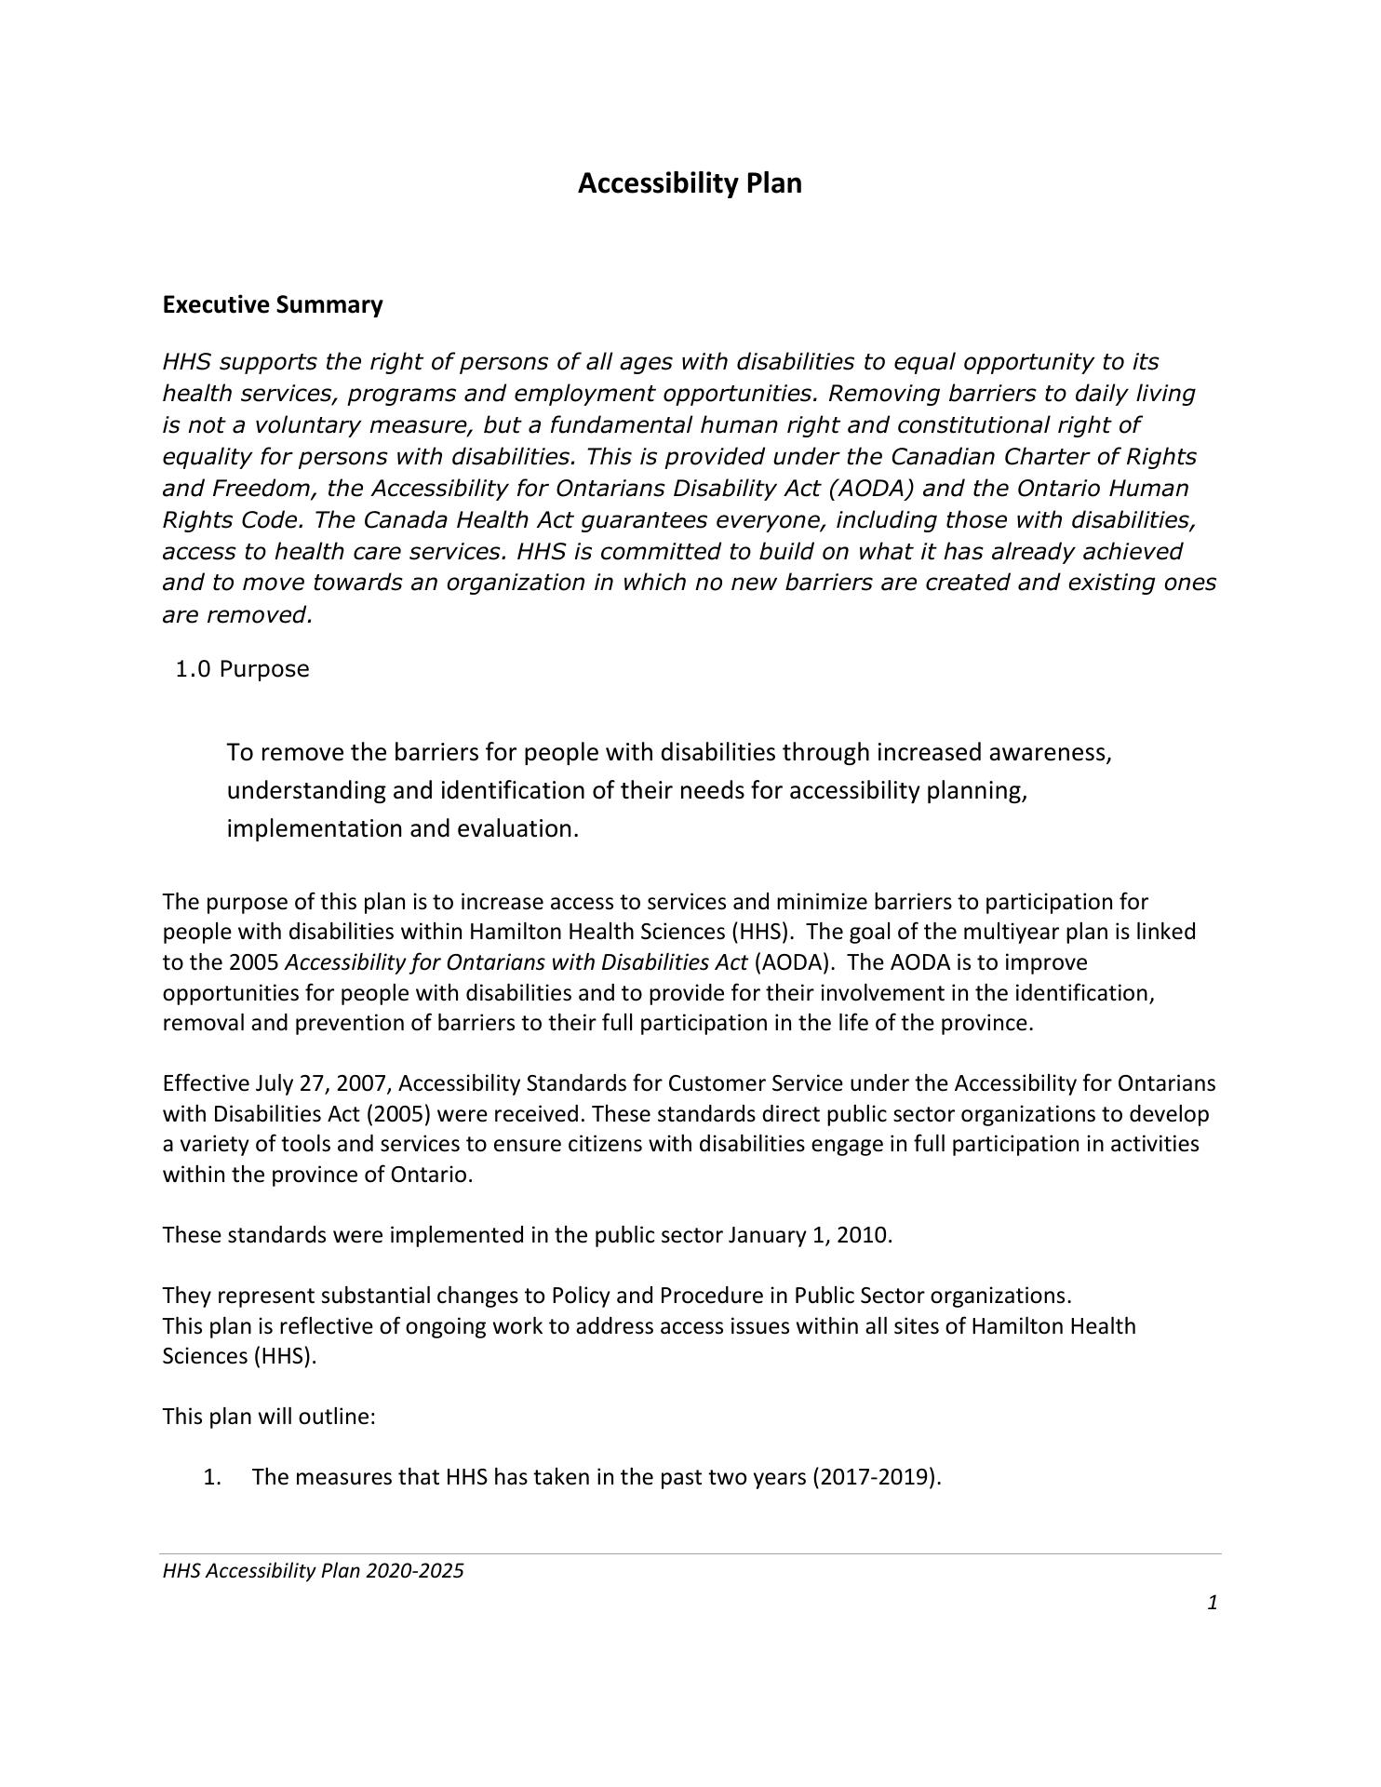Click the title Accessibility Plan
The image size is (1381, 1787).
pos(690,183)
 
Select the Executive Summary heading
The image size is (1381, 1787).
pos(273,305)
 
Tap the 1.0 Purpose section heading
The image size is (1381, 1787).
pos(242,669)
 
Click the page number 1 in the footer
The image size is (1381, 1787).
pos(1213,1602)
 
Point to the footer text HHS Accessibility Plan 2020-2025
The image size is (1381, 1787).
pos(313,1571)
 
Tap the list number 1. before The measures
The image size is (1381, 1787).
pos(212,1477)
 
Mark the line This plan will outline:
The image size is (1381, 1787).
pos(269,1417)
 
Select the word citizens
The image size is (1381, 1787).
pos(606,1144)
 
